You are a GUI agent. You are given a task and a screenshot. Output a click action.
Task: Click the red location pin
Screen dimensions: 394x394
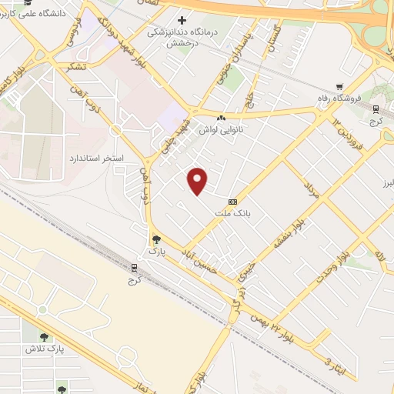click(x=199, y=181)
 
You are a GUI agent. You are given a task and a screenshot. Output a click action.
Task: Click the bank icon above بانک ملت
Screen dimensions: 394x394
click(x=233, y=202)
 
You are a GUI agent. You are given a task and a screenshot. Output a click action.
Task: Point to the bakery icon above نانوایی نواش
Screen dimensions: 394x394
click(x=222, y=118)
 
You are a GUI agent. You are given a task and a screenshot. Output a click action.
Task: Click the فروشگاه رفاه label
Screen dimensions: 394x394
click(x=339, y=98)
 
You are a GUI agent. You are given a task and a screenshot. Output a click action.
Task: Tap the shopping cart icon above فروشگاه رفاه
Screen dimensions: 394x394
click(x=339, y=86)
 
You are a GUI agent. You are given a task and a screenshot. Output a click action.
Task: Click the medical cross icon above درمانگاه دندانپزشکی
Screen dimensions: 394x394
click(x=182, y=19)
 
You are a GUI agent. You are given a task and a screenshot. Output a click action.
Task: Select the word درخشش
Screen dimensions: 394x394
click(x=182, y=44)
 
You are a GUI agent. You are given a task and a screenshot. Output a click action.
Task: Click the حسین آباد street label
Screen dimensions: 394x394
click(x=203, y=259)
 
